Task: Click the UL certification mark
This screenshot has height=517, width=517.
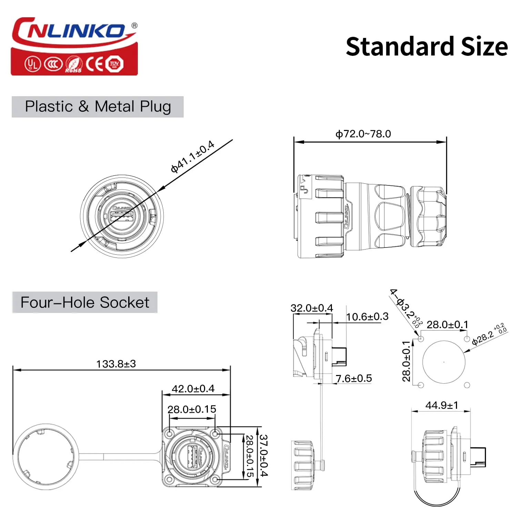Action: [x=32, y=64]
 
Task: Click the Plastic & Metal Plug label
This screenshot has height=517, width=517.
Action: [x=98, y=107]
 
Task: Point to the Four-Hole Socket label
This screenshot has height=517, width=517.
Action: [x=85, y=302]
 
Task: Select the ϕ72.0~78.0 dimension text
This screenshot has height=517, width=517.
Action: [x=363, y=134]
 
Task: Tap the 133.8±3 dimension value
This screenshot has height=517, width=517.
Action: [x=116, y=364]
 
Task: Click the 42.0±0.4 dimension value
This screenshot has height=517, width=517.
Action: [x=193, y=388]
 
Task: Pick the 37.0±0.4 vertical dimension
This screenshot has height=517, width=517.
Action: [x=263, y=455]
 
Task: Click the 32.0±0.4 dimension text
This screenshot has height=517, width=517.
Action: [x=312, y=308]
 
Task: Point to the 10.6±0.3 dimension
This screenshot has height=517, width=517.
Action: [x=367, y=316]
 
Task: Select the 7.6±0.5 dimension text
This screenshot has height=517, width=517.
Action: [x=354, y=378]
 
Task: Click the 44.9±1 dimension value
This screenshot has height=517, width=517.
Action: [x=442, y=405]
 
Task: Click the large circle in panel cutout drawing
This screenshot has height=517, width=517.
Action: [x=444, y=362]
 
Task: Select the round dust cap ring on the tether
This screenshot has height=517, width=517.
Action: [x=45, y=457]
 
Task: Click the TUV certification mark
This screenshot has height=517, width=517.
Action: [x=114, y=64]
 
